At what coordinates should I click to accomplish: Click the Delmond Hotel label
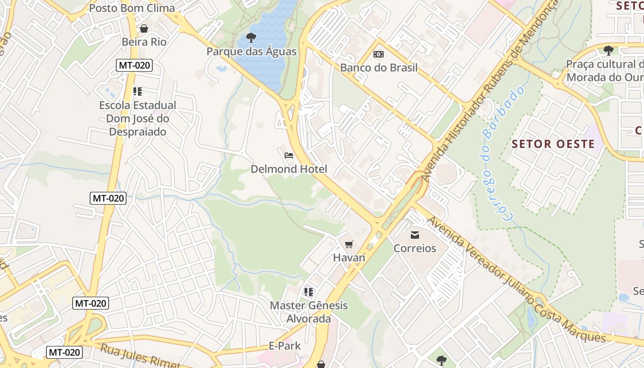click(289, 169)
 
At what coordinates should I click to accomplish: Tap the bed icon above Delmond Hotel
click(289, 155)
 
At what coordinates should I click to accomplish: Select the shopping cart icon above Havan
click(349, 244)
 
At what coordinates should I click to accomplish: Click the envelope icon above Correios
click(415, 235)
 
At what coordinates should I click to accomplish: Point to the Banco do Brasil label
click(379, 68)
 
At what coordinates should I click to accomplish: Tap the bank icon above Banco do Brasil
click(379, 54)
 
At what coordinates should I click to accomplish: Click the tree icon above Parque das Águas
click(251, 37)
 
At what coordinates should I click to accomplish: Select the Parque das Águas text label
click(251, 51)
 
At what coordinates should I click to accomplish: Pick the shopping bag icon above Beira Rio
click(144, 29)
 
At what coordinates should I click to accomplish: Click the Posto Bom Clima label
click(132, 8)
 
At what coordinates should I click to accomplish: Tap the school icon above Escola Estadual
click(138, 92)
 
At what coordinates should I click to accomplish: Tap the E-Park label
click(284, 346)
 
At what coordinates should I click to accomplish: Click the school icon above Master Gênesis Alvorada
click(309, 292)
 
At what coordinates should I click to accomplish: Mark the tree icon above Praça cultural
click(609, 50)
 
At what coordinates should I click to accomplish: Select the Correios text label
click(415, 248)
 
